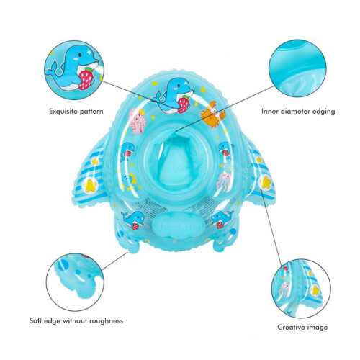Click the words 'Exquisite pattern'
[76, 112]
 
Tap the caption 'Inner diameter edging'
[298, 112]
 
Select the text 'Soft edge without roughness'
[76, 320]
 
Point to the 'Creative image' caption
[302, 327]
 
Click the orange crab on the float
[213, 114]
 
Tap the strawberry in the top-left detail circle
[86, 78]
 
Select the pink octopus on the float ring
[138, 121]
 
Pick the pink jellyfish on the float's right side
[224, 181]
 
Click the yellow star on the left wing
[90, 185]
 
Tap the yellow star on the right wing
[266, 182]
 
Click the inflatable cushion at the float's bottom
[178, 225]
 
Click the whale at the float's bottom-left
[132, 220]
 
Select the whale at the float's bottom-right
[222, 219]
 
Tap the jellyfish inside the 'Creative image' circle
[285, 289]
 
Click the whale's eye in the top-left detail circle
[80, 55]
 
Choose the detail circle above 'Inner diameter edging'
[297, 68]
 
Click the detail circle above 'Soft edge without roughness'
[75, 282]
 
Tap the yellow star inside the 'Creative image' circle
[315, 290]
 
